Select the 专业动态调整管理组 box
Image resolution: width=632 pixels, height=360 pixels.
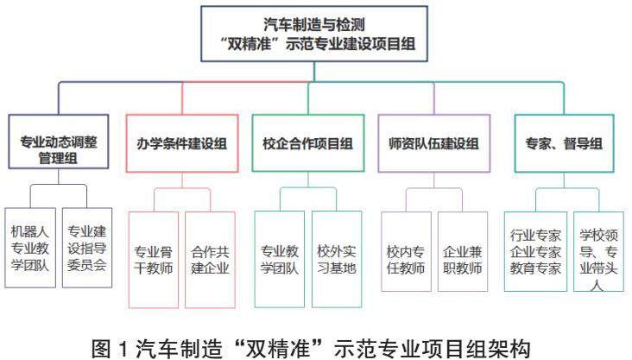click(x=59, y=142)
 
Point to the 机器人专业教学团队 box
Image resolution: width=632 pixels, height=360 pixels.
click(x=29, y=248)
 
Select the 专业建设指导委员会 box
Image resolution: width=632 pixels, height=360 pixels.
click(x=87, y=248)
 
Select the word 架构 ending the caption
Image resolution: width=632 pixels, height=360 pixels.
click(x=514, y=340)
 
